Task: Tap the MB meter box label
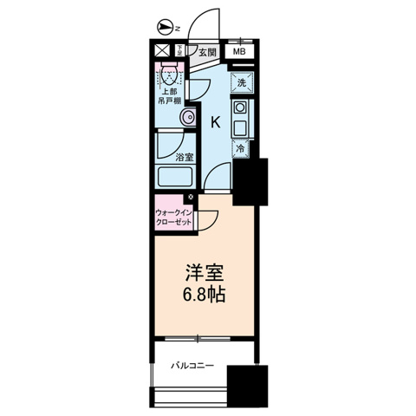click(238, 52)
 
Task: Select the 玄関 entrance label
click(206, 52)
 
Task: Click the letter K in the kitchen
click(215, 122)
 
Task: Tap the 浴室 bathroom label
click(184, 158)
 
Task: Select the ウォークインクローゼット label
click(173, 217)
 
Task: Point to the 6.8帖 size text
click(205, 295)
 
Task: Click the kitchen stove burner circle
click(243, 110)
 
